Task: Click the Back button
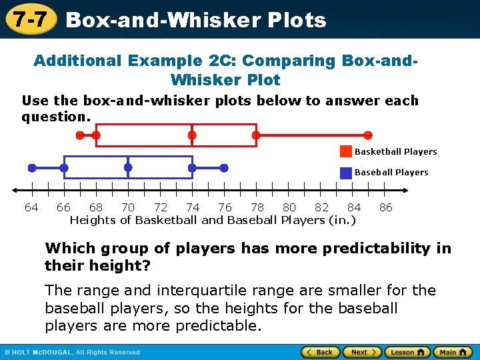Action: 321,352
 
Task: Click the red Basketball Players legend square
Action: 346,151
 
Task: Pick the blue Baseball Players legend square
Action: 346,172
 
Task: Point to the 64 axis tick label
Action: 31,207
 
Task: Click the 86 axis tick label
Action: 386,207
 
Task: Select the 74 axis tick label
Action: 193,207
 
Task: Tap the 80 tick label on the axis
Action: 289,207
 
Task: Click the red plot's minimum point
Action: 80,135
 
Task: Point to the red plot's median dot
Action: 192,135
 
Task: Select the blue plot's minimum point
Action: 31,167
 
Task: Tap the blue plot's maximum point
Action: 224,167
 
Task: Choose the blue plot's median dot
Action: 128,167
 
